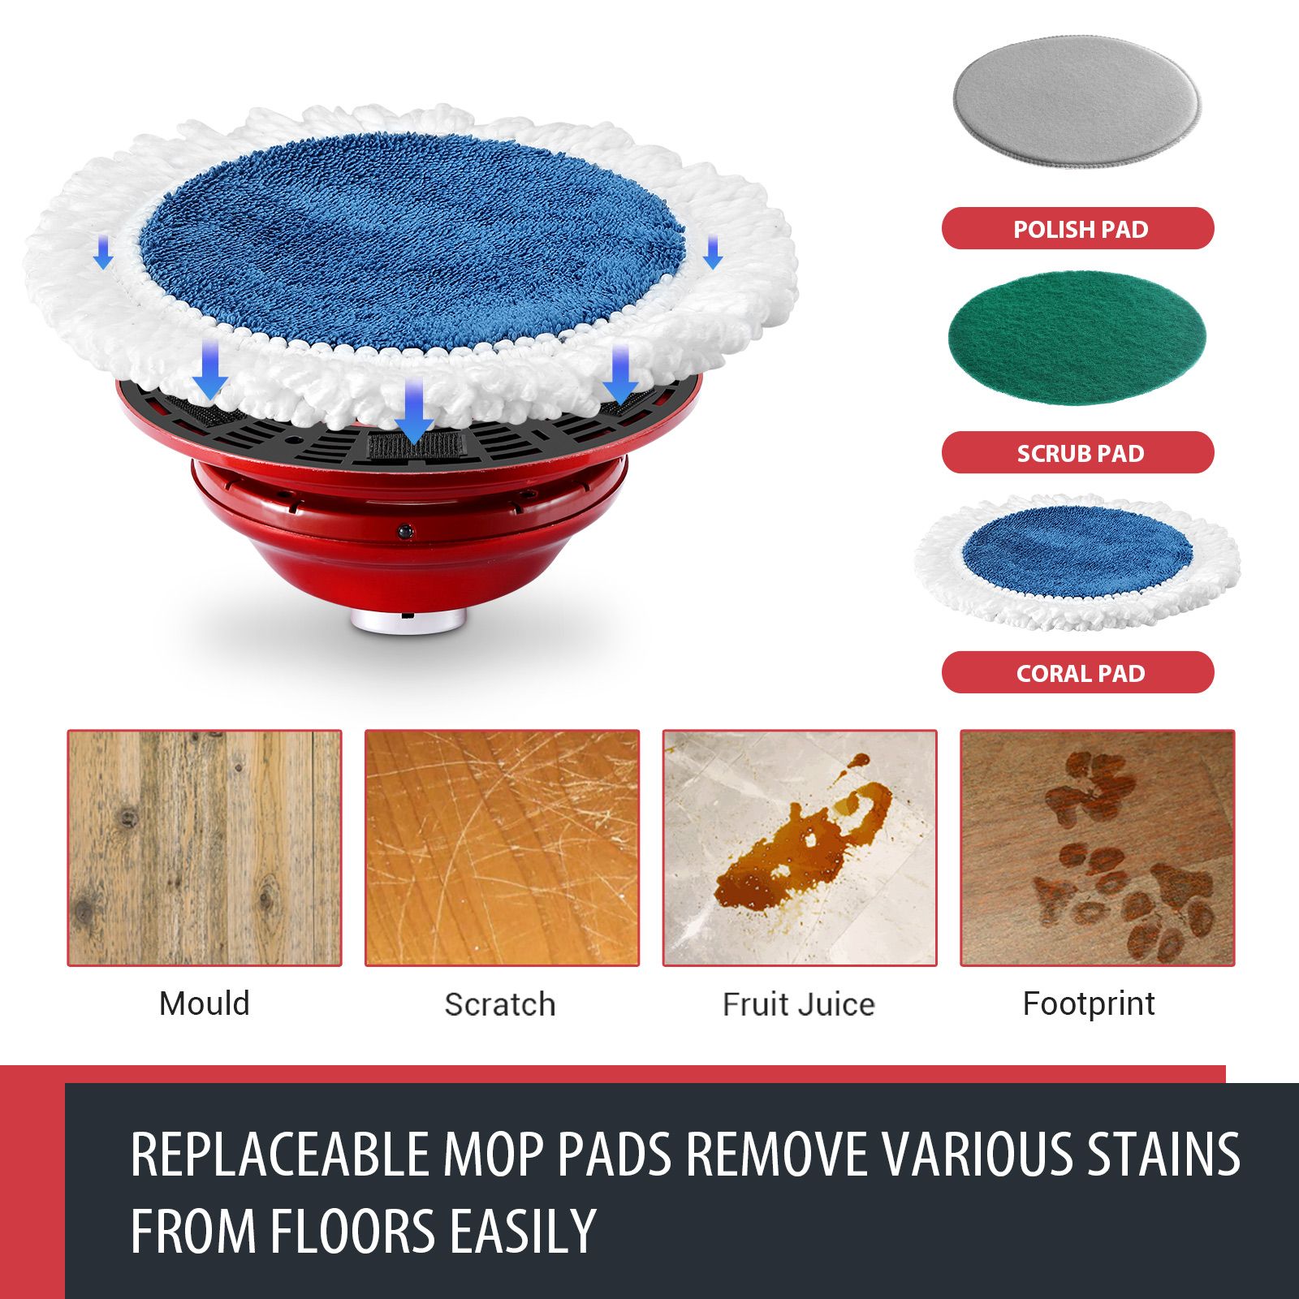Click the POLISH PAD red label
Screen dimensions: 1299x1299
pos(1077,228)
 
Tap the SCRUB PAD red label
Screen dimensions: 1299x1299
pos(1077,452)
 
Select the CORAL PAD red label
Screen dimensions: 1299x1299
pos(1077,672)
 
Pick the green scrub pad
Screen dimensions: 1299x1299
pos(1077,337)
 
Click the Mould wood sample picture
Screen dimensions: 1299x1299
pos(205,848)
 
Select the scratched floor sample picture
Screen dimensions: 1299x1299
pos(502,848)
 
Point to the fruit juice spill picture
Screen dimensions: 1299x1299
pos(800,848)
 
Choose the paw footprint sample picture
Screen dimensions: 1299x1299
pos(1097,848)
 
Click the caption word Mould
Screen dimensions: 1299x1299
pos(205,1003)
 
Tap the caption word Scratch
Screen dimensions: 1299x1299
pos(500,1004)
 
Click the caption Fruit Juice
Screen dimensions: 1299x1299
pos(799,1004)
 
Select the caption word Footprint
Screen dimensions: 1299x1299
pos(1089,1003)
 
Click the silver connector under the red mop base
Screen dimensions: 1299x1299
pos(408,621)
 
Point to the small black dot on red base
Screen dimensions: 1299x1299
pos(404,531)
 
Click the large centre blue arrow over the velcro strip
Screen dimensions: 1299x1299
pos(415,410)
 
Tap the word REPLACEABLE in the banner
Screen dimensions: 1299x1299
pos(279,1154)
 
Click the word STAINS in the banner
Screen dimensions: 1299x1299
pos(1163,1154)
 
